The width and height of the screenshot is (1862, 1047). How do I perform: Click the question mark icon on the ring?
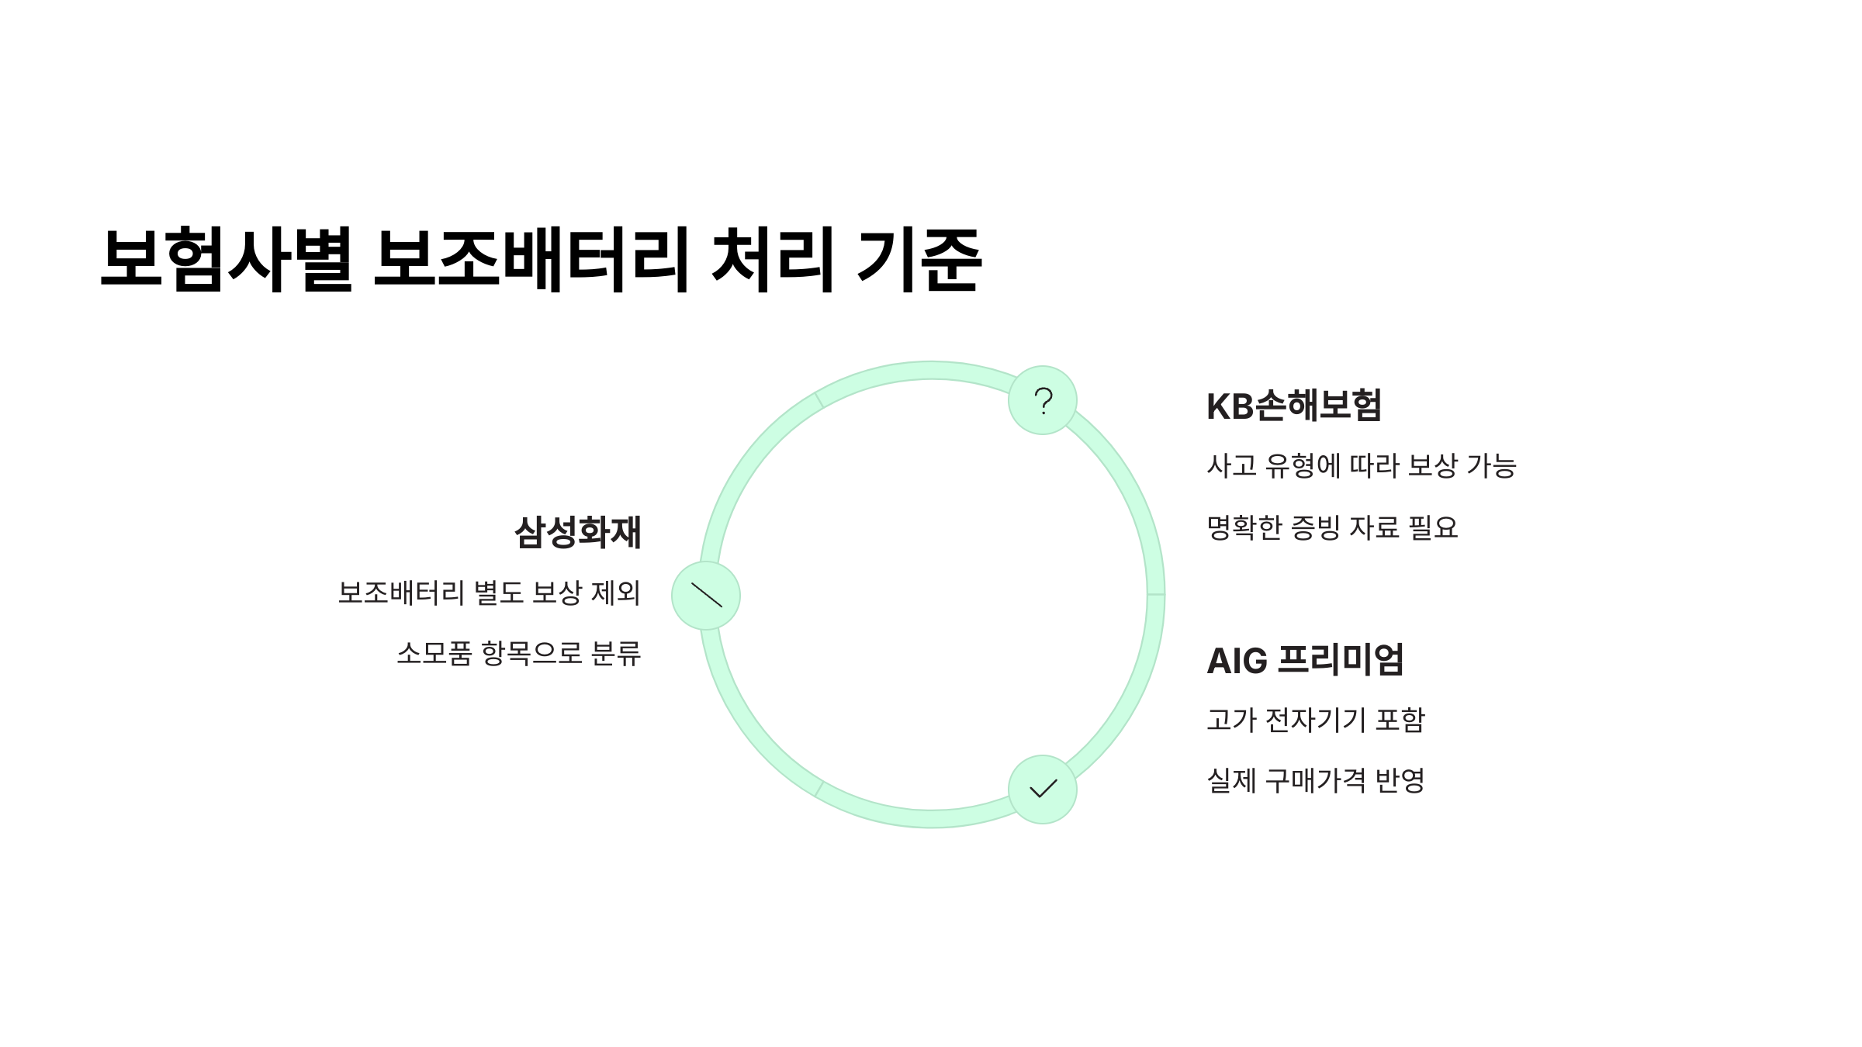point(1043,400)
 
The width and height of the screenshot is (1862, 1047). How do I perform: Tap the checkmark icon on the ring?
point(1043,790)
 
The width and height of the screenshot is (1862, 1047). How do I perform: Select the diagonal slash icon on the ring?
point(706,596)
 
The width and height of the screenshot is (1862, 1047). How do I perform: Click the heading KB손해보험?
point(1294,406)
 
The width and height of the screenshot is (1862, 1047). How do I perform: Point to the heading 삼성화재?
point(578,533)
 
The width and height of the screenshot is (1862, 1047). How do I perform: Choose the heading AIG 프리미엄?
point(1305,661)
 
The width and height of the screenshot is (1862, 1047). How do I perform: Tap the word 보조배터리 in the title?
point(531,260)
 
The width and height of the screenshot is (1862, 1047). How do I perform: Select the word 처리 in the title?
point(772,260)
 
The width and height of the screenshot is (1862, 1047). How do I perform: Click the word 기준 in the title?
point(920,260)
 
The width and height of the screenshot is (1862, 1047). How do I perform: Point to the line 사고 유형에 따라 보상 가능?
point(1361,466)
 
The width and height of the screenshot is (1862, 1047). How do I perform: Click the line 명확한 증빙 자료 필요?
point(1332,528)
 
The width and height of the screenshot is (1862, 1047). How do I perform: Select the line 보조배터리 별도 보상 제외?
point(489,593)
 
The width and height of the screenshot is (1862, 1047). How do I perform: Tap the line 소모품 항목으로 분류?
point(518,654)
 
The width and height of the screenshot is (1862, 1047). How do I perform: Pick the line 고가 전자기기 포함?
point(1316,720)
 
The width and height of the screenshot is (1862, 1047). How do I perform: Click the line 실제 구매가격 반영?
point(1316,780)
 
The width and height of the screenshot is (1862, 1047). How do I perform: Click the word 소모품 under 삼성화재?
point(434,654)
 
